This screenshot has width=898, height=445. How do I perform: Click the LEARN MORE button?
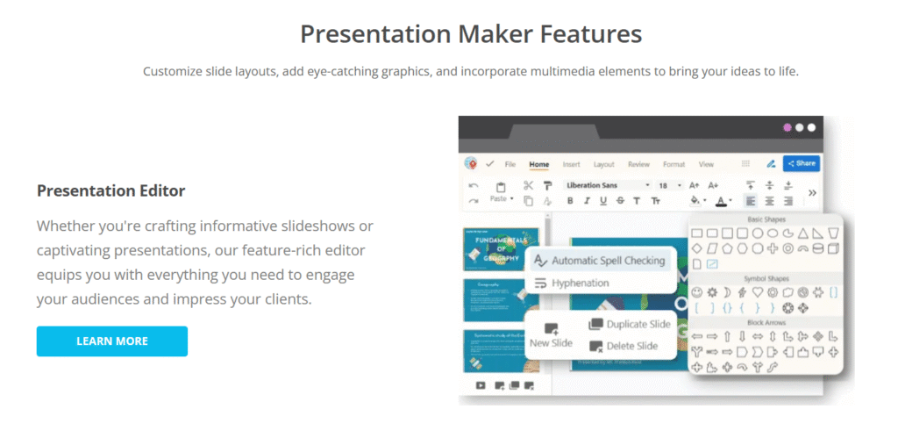111,341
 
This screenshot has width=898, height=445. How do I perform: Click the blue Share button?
801,163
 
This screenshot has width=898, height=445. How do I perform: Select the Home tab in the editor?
538,164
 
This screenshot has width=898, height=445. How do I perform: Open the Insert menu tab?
571,164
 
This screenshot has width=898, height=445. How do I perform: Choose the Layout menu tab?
603,164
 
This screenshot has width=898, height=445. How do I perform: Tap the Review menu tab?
638,164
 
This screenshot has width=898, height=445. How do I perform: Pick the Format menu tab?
673,164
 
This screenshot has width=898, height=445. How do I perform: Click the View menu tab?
706,164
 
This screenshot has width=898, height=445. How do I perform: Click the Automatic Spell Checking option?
607,261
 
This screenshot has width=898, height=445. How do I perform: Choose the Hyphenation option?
580,283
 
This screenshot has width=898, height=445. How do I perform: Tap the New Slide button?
551,335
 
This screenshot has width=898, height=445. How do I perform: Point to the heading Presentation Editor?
110,190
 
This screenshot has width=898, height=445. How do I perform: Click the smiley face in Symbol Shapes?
697,291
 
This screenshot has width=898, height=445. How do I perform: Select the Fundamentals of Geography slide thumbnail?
500,249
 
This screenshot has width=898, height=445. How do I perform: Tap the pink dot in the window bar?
787,128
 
